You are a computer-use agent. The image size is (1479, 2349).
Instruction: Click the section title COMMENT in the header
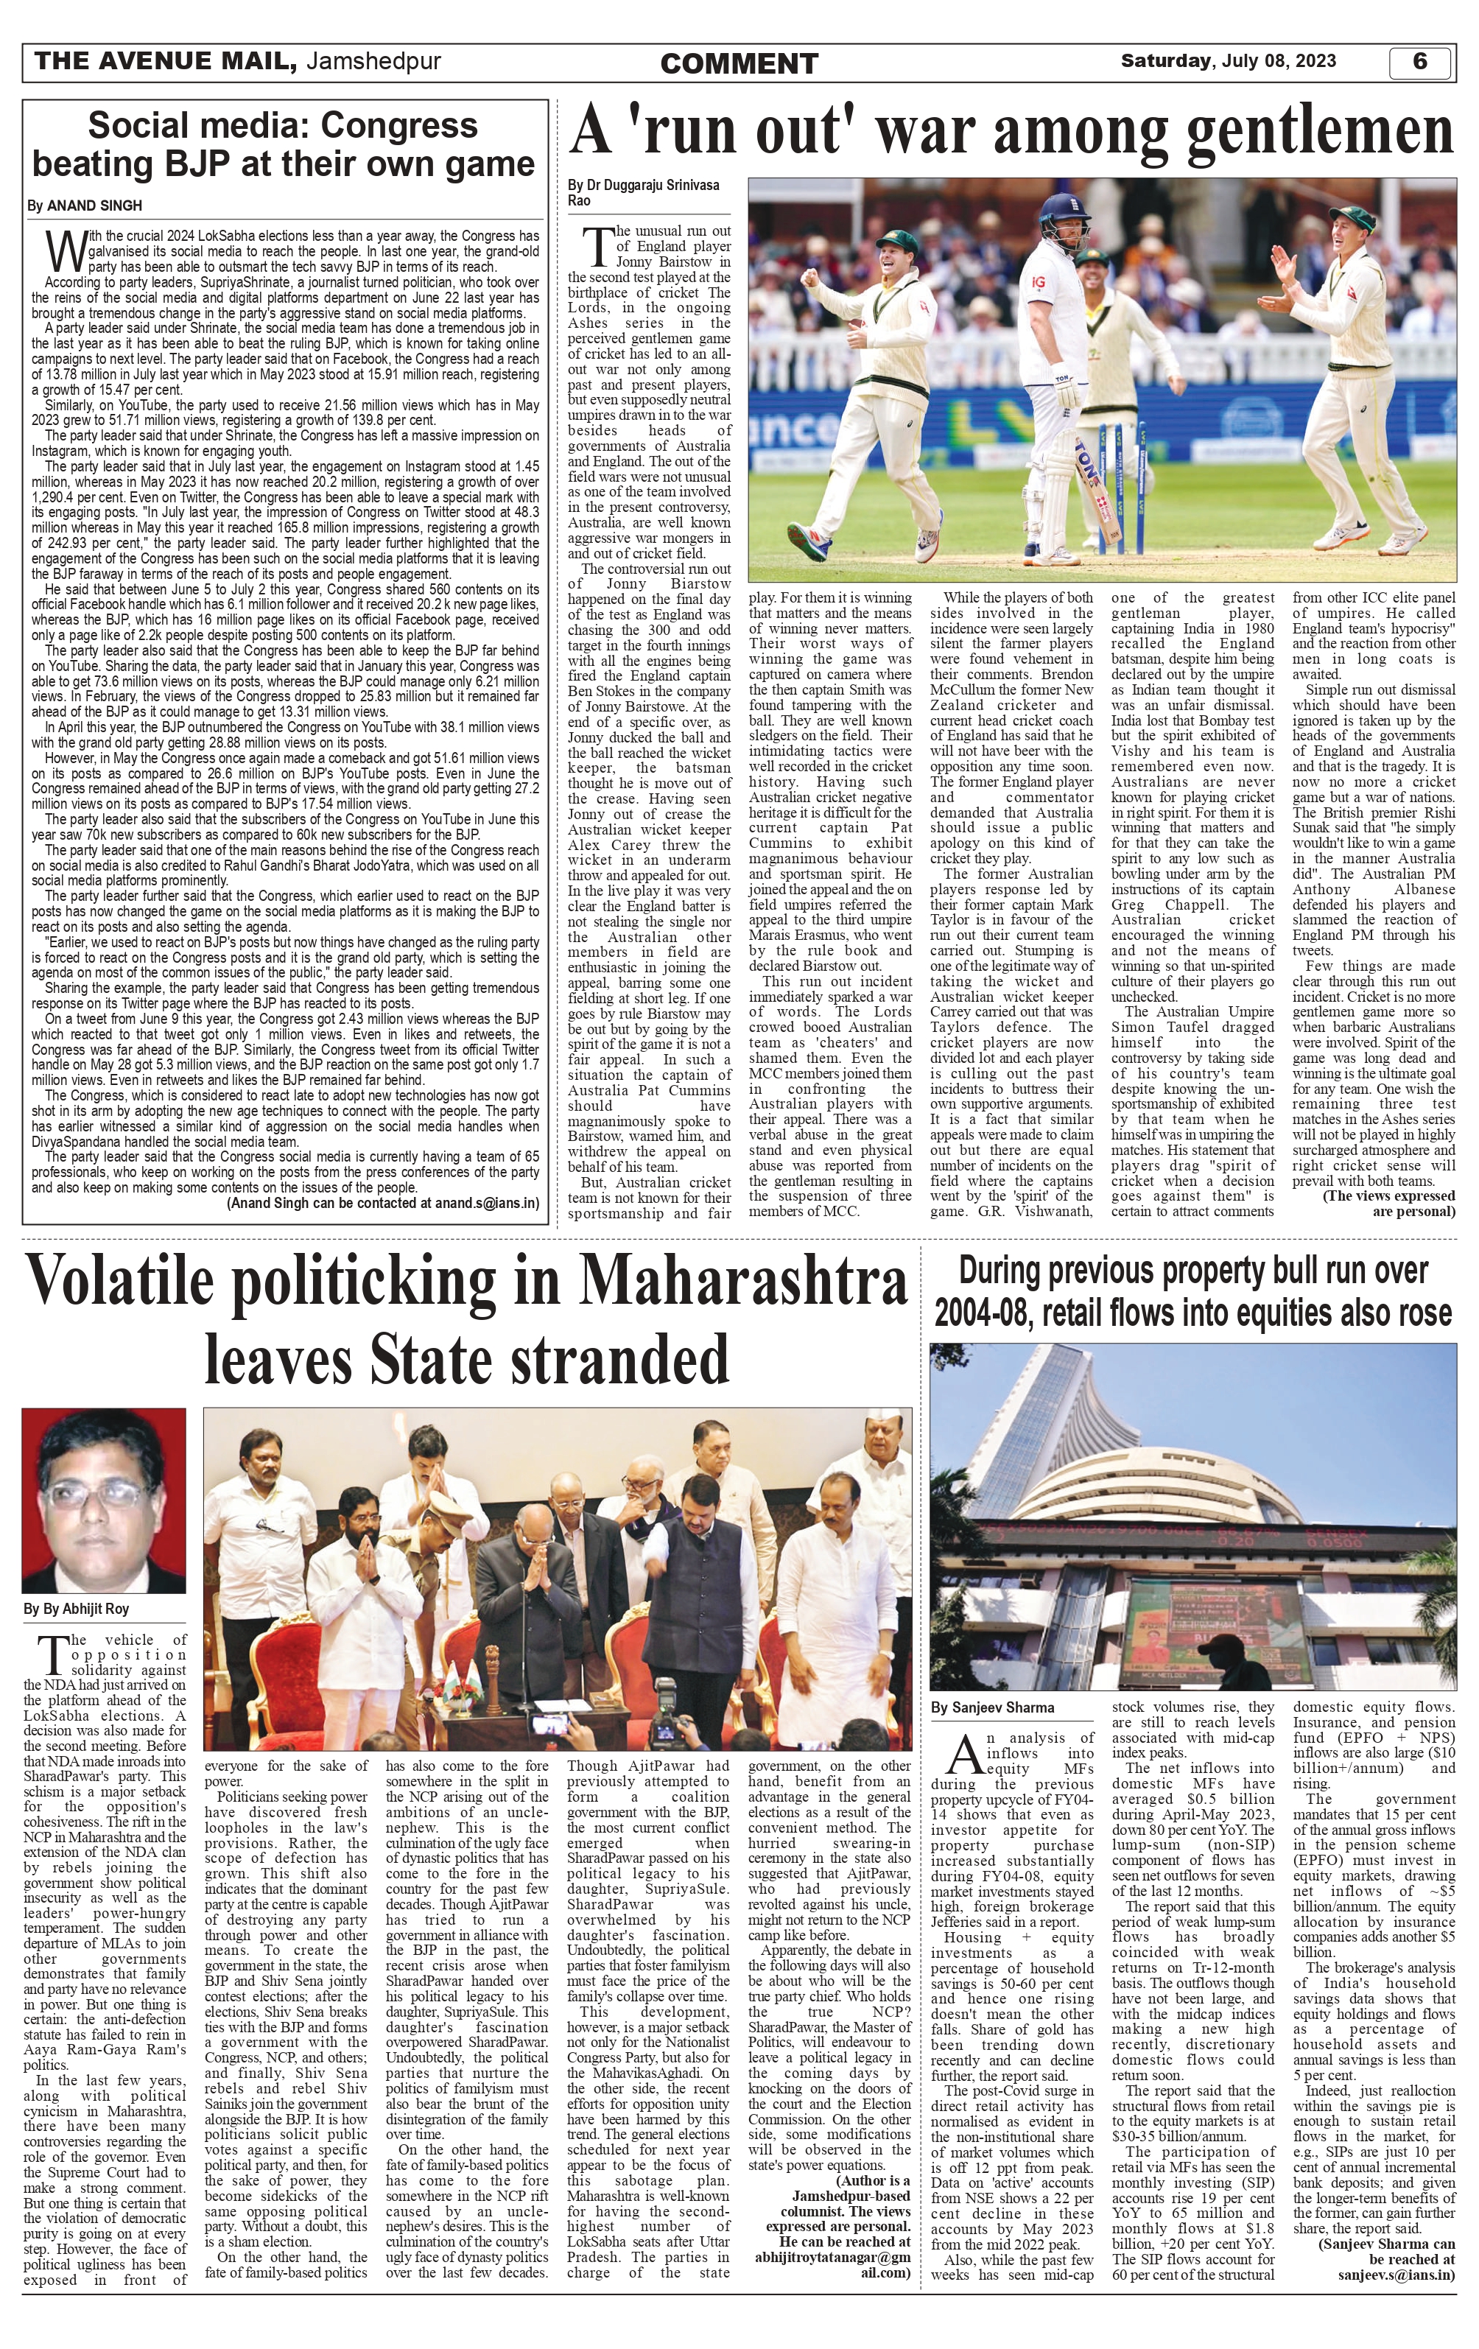click(739, 64)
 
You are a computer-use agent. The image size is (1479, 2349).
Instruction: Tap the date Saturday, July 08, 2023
click(1229, 61)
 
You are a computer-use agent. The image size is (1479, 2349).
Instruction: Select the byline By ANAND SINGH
click(85, 206)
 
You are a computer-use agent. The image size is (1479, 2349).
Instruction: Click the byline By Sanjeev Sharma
click(991, 1707)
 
